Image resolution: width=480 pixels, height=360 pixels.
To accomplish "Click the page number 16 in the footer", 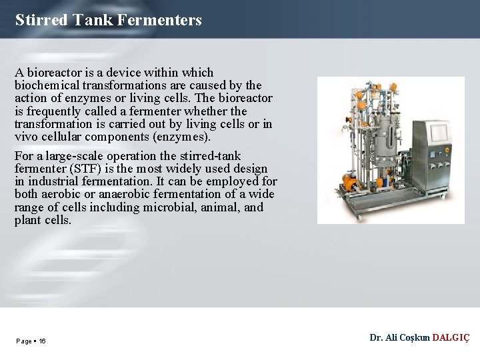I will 42,341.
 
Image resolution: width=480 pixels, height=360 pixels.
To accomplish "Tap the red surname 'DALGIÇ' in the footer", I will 451,338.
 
